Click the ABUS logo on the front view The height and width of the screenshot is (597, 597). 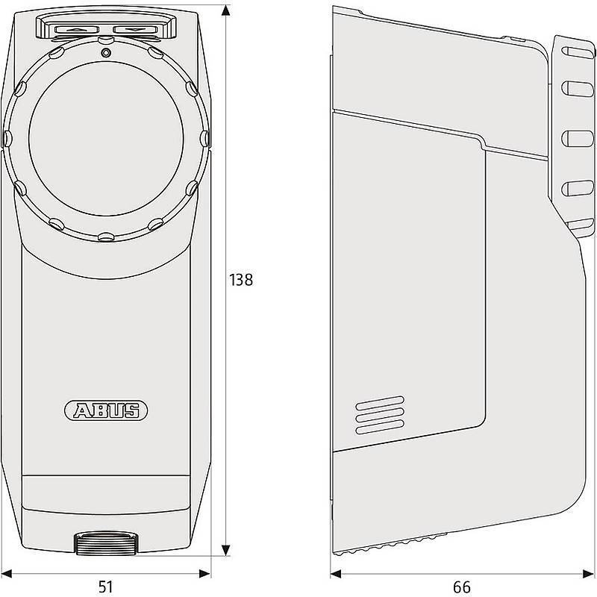106,410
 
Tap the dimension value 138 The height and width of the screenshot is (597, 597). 240,280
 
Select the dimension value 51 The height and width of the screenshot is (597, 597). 106,587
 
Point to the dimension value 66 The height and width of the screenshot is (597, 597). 462,587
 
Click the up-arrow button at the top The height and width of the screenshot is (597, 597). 77,30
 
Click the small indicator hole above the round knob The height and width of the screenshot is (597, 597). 106,52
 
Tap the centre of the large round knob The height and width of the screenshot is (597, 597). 106,139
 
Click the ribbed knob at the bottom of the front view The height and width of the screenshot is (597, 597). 106,543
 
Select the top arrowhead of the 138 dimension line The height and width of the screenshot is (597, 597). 226,10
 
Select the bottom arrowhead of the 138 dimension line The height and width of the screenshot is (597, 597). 226,550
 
